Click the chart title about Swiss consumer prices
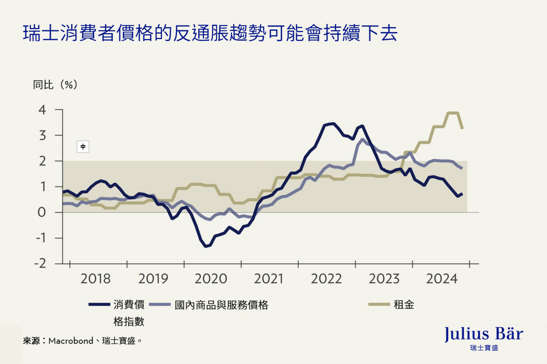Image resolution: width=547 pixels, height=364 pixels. pyautogui.click(x=210, y=33)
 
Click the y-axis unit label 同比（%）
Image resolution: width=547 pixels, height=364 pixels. pyautogui.click(x=55, y=85)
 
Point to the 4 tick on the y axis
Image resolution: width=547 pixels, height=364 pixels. pyautogui.click(x=42, y=110)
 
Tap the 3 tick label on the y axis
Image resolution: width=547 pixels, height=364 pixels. pyautogui.click(x=42, y=135)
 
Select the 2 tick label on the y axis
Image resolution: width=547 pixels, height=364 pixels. pyautogui.click(x=42, y=161)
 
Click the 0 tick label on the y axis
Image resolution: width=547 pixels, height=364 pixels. pyautogui.click(x=42, y=212)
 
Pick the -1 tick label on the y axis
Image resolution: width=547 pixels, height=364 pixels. pyautogui.click(x=40, y=238)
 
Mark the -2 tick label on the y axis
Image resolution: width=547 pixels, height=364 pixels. pyautogui.click(x=40, y=264)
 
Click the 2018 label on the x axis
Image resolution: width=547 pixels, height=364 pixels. pyautogui.click(x=95, y=279)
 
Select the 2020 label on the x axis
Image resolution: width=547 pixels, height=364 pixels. pyautogui.click(x=211, y=279)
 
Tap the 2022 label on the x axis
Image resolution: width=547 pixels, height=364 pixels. pyautogui.click(x=326, y=279)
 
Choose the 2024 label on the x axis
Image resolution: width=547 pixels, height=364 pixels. pyautogui.click(x=441, y=279)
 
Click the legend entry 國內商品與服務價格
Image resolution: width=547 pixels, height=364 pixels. pyautogui.click(x=221, y=305)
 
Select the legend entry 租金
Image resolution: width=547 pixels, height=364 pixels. pyautogui.click(x=404, y=305)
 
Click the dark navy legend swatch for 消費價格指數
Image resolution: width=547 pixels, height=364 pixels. pyautogui.click(x=99, y=305)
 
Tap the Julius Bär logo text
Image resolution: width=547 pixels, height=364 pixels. pyautogui.click(x=483, y=334)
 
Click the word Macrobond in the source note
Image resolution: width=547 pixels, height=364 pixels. pyautogui.click(x=70, y=341)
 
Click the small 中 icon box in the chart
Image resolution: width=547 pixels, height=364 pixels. pyautogui.click(x=83, y=146)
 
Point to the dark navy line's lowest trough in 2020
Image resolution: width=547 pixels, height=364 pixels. pyautogui.click(x=206, y=246)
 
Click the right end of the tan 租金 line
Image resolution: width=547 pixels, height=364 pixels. pyautogui.click(x=462, y=128)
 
